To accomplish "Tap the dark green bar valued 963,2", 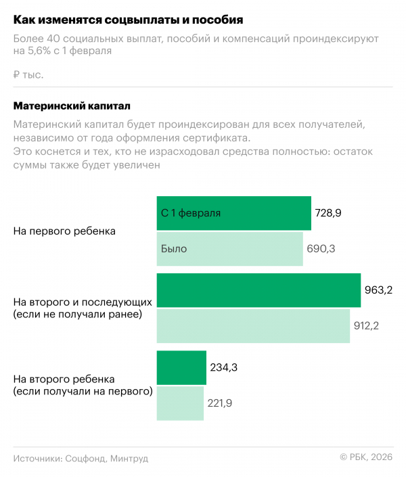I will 258,290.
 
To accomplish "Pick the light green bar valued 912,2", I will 253,325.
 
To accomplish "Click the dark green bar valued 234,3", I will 181,367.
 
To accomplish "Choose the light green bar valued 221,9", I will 180,403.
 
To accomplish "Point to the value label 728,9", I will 328,213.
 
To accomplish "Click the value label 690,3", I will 321,249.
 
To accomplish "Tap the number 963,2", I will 379,290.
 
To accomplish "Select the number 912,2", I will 367,326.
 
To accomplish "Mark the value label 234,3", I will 223,367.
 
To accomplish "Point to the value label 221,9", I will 221,403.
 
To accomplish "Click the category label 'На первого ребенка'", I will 64,231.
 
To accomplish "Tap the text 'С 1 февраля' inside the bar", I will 191,213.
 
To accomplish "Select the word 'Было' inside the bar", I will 174,249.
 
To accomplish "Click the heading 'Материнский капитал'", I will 72,106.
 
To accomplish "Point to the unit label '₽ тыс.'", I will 28,74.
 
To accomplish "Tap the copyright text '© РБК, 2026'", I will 365,458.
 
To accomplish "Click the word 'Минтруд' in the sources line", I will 129,458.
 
